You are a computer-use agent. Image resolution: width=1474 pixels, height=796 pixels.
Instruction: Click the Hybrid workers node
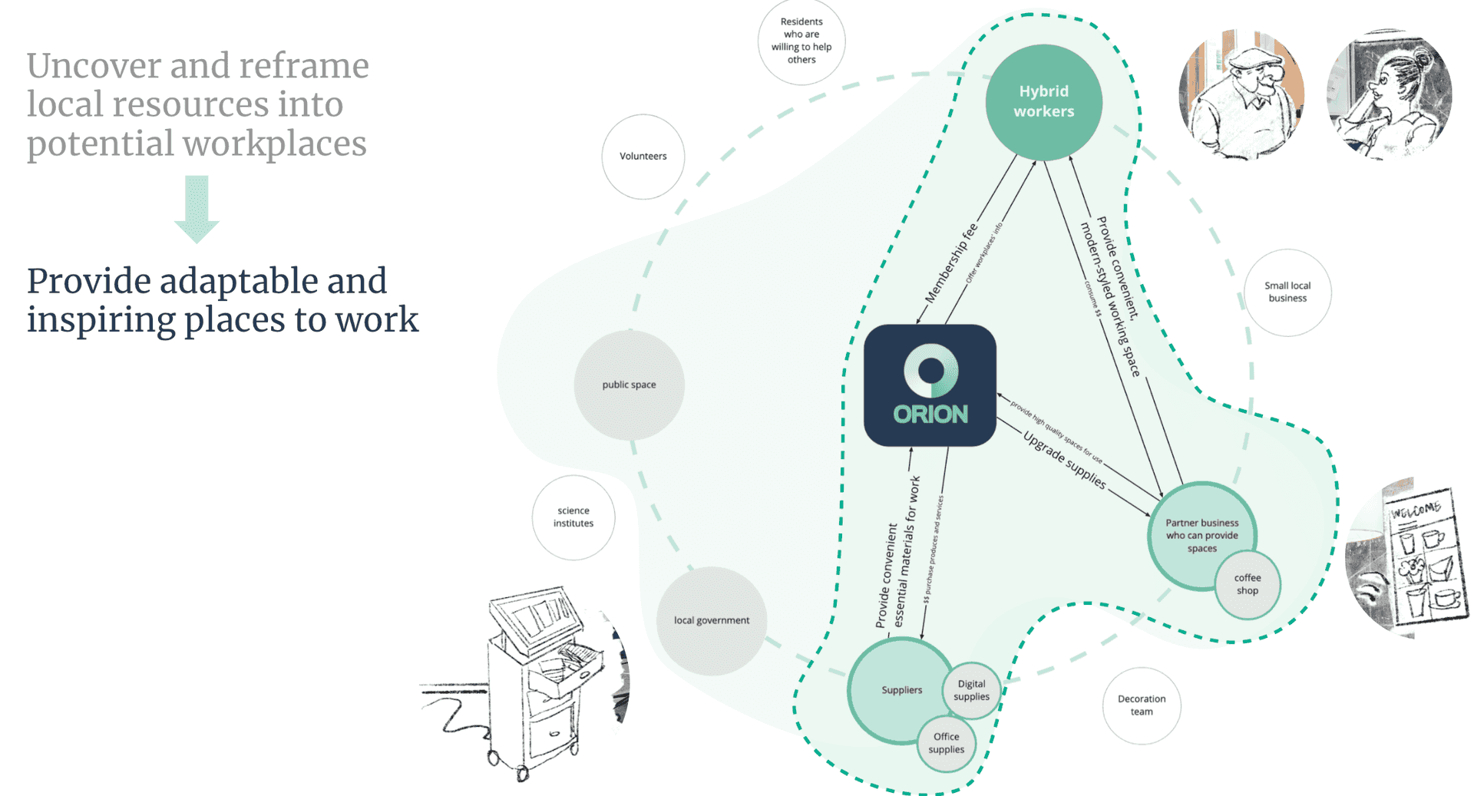click(x=1043, y=101)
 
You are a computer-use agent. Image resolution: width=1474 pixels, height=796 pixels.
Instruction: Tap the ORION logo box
click(x=930, y=385)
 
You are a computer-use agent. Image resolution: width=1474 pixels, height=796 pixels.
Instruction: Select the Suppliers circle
click(x=900, y=689)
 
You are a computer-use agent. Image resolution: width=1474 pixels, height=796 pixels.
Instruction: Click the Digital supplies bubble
click(x=972, y=690)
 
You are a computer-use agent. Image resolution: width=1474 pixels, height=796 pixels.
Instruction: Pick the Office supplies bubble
click(x=947, y=743)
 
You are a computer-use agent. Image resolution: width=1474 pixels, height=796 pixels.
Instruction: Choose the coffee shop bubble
click(x=1248, y=584)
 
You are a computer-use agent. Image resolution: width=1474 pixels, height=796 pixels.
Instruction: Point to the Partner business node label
click(x=1201, y=535)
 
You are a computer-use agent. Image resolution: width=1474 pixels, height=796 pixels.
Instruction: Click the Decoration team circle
click(x=1142, y=705)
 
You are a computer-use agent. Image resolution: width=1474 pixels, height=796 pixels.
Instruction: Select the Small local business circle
click(x=1287, y=292)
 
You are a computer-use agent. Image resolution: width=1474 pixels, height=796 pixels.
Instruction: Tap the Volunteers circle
click(x=643, y=157)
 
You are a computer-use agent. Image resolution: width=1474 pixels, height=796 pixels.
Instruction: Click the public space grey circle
click(x=629, y=385)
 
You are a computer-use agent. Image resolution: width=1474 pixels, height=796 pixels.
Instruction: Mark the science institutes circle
click(x=573, y=517)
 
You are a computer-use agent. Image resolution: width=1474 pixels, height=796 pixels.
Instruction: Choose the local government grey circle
click(x=712, y=620)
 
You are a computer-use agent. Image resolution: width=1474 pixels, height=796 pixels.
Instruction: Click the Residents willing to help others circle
click(x=801, y=41)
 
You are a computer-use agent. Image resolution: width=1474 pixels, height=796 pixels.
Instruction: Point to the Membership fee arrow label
click(x=950, y=263)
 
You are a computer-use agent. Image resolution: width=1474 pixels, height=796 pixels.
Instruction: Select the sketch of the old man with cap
click(x=1241, y=94)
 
